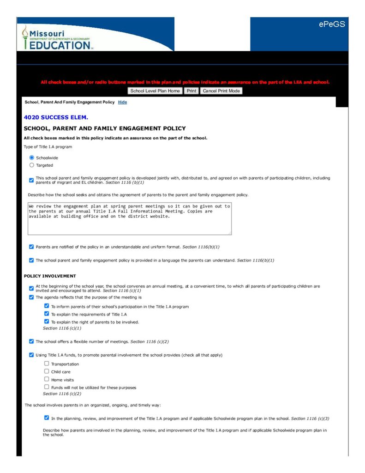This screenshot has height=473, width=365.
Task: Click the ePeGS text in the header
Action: pyautogui.click(x=332, y=24)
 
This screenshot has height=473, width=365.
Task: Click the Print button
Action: pyautogui.click(x=191, y=91)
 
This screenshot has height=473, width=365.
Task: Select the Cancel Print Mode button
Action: pyautogui.click(x=221, y=91)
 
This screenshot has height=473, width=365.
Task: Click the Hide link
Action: pyautogui.click(x=122, y=102)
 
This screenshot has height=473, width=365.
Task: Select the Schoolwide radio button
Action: pyautogui.click(x=31, y=158)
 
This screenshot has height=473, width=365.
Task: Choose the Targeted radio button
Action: pyautogui.click(x=31, y=165)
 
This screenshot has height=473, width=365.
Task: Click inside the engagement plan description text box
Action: pyautogui.click(x=129, y=218)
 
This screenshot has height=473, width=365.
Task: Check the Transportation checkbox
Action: pyautogui.click(x=46, y=364)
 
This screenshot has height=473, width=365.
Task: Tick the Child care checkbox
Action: pyautogui.click(x=46, y=371)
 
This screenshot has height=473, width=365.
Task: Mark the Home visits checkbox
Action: pyautogui.click(x=46, y=379)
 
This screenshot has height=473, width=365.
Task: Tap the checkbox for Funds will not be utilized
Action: pyautogui.click(x=46, y=387)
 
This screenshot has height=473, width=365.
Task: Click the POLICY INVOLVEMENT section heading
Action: pyautogui.click(x=50, y=276)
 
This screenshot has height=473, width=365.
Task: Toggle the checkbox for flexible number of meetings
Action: pyautogui.click(x=31, y=341)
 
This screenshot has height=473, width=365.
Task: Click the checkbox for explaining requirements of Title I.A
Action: pyautogui.click(x=46, y=314)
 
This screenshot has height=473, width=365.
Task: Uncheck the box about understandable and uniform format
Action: pyautogui.click(x=31, y=247)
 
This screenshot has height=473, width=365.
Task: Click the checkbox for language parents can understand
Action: pyautogui.click(x=31, y=260)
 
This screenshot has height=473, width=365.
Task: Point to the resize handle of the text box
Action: pyautogui.click(x=229, y=233)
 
